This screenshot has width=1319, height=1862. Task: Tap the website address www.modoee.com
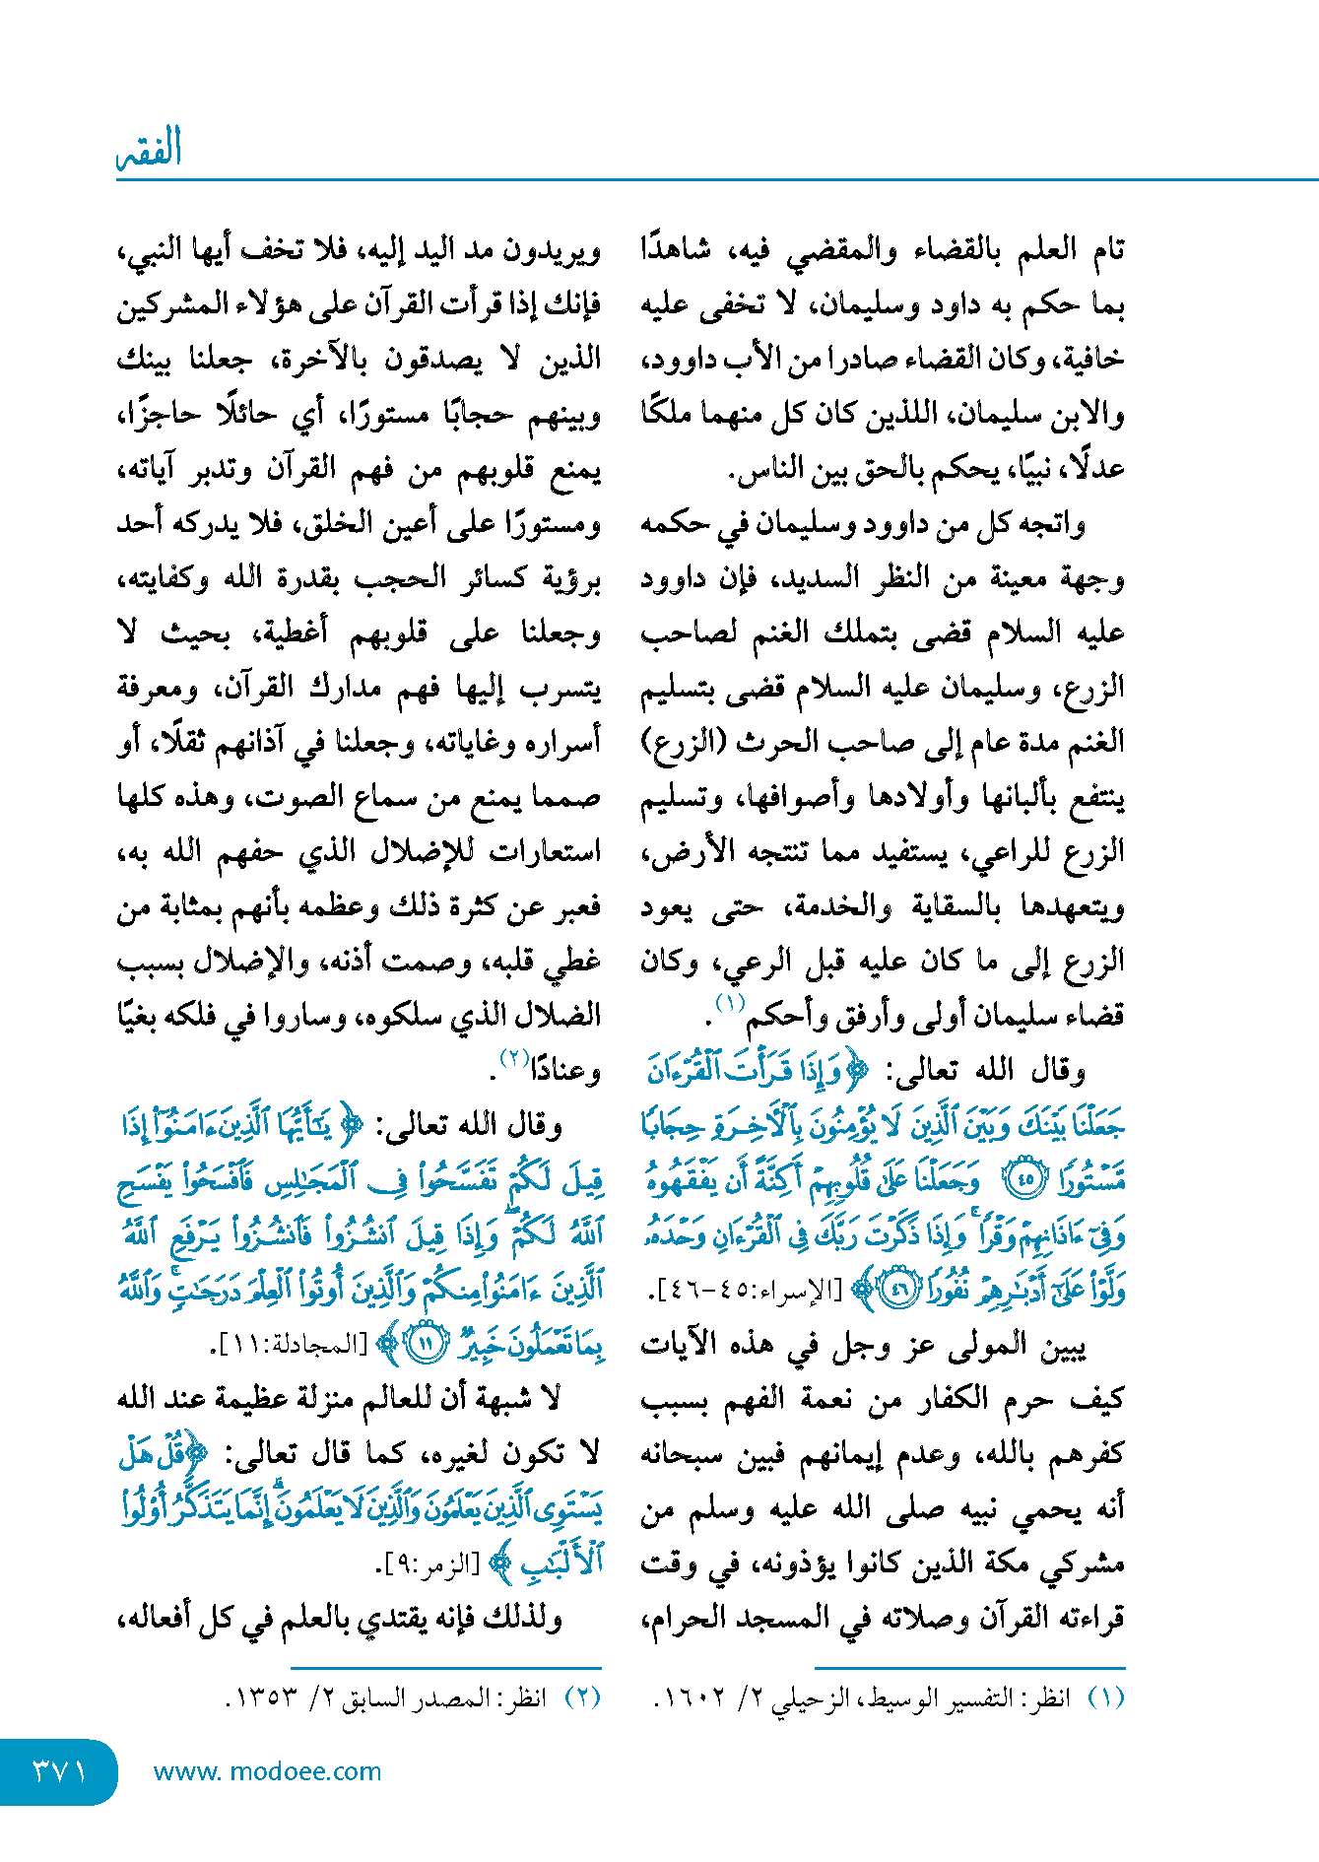pyautogui.click(x=267, y=1771)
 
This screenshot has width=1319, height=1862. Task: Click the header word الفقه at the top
pyautogui.click(x=149, y=149)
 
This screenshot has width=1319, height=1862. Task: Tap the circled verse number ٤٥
pyautogui.click(x=1026, y=1180)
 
